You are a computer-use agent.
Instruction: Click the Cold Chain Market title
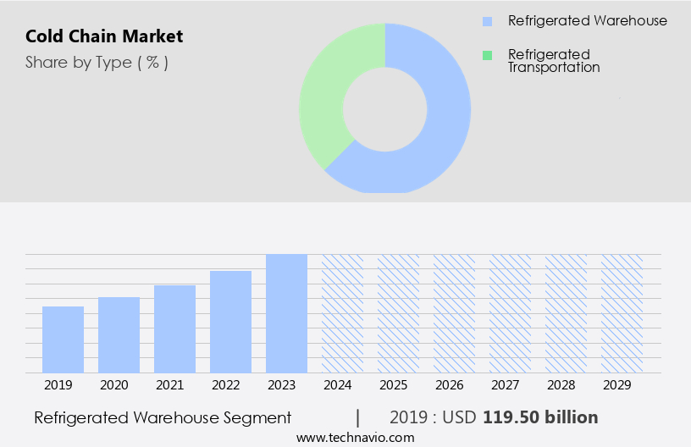click(x=104, y=36)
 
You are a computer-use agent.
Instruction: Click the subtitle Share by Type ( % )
click(x=97, y=63)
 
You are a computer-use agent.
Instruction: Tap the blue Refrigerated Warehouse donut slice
click(x=440, y=127)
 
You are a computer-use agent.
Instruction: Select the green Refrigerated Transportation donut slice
click(x=326, y=93)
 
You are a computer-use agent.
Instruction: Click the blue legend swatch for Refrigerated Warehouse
click(x=487, y=21)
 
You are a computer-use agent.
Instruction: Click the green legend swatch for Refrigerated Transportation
click(x=487, y=55)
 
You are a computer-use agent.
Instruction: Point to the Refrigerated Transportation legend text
click(x=554, y=61)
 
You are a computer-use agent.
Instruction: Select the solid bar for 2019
click(x=63, y=339)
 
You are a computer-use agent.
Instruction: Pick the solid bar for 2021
click(x=174, y=328)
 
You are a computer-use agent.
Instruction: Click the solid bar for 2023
click(x=286, y=313)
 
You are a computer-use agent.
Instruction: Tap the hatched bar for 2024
click(x=342, y=313)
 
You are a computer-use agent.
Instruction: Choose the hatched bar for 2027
click(x=510, y=313)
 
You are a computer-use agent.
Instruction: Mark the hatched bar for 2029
click(x=622, y=313)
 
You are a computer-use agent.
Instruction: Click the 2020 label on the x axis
click(x=113, y=385)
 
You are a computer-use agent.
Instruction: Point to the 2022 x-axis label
click(x=225, y=385)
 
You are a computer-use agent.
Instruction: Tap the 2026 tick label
click(x=449, y=385)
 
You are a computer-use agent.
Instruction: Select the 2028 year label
click(x=561, y=385)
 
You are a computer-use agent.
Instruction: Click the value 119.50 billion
click(x=540, y=417)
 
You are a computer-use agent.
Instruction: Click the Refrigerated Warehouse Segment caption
click(x=163, y=417)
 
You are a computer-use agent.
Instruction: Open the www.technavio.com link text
click(x=356, y=438)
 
